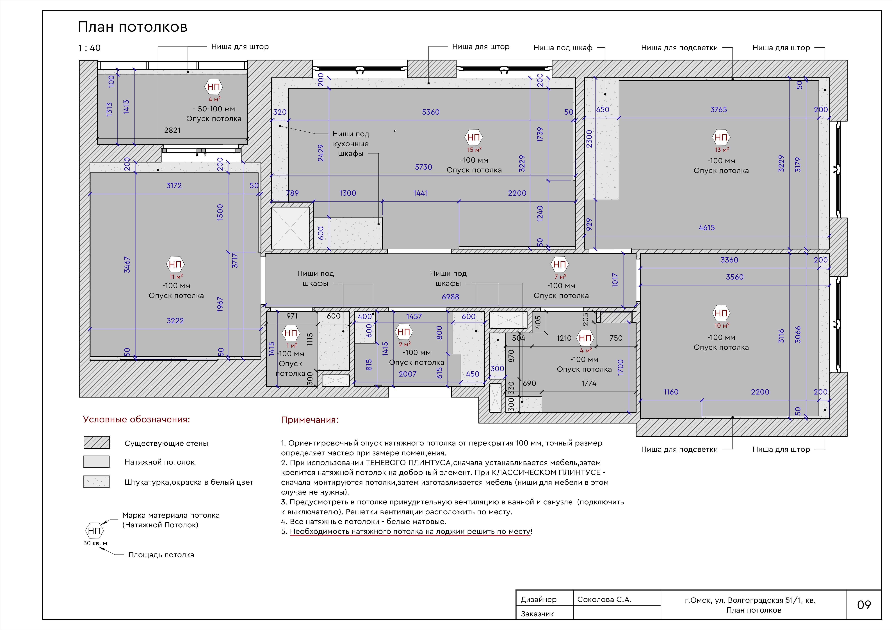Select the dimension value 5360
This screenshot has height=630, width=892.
click(430, 112)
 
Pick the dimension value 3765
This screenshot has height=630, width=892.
click(718, 110)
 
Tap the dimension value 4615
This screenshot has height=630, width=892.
click(706, 228)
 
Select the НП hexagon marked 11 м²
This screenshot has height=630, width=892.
click(175, 265)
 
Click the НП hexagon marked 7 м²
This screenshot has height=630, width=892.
click(559, 265)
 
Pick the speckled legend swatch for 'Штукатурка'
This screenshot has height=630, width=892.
click(96, 482)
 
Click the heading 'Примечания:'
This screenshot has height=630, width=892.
click(310, 420)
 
